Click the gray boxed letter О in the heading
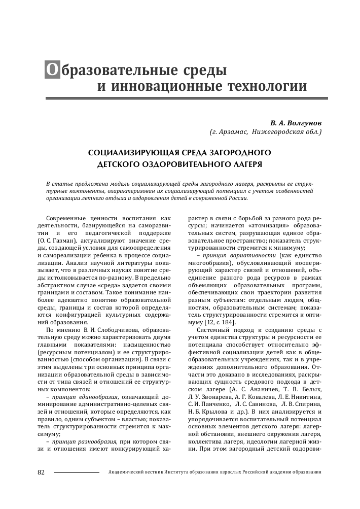click(x=52, y=70)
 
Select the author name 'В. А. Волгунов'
click(x=296, y=123)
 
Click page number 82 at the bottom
click(x=42, y=472)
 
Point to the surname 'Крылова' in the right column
click(x=222, y=412)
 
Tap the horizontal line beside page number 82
click(x=76, y=472)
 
